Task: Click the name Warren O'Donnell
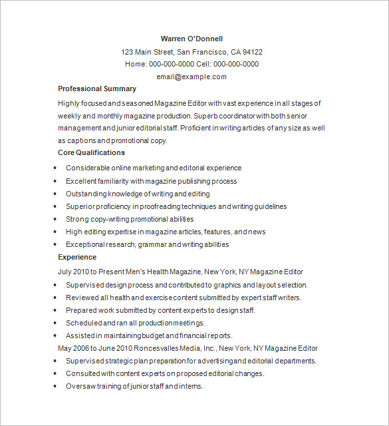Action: click(x=192, y=39)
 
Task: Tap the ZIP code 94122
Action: click(x=252, y=52)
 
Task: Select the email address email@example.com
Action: click(x=192, y=77)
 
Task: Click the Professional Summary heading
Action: click(x=97, y=89)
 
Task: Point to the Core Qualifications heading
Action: click(x=92, y=152)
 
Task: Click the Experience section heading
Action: click(x=77, y=257)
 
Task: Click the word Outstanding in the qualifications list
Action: click(x=85, y=194)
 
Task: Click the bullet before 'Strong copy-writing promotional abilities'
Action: click(x=55, y=219)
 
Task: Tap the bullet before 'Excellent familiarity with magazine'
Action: click(x=55, y=181)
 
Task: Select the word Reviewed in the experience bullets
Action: click(x=82, y=298)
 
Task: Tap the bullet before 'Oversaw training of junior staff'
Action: click(x=55, y=387)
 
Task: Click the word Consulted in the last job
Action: click(x=83, y=373)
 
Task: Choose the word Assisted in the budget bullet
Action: click(x=80, y=335)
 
